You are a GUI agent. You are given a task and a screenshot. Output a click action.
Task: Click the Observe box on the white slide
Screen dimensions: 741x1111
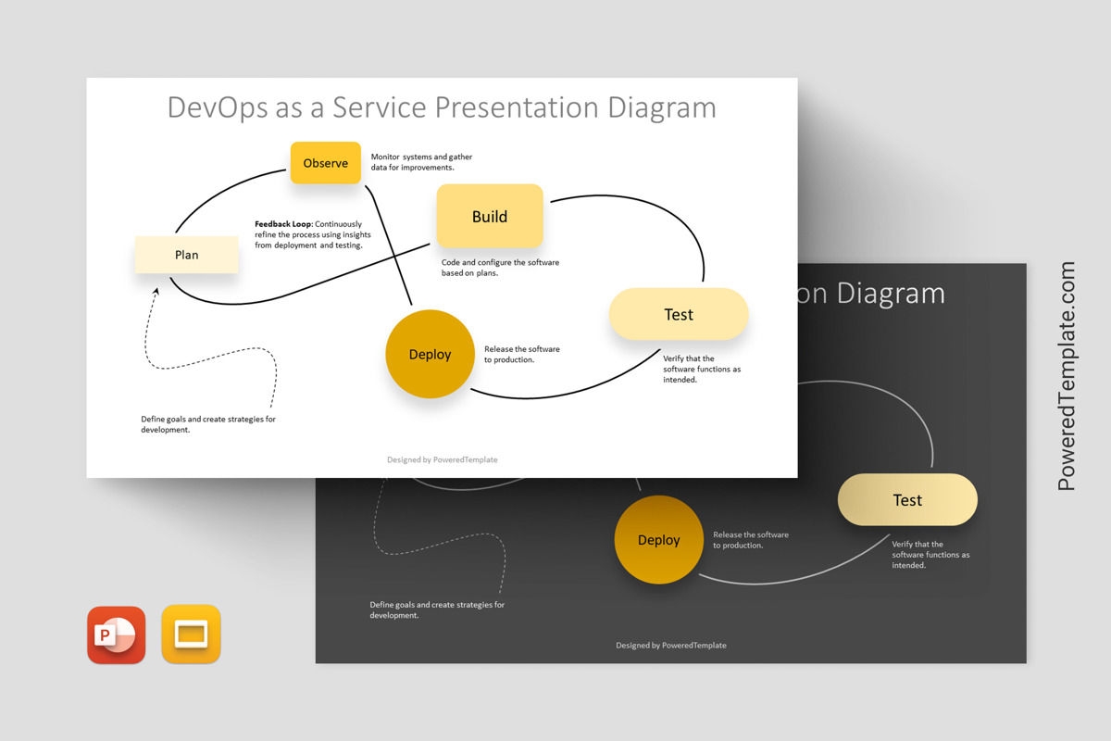326,163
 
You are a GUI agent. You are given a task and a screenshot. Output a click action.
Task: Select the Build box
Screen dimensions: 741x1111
490,217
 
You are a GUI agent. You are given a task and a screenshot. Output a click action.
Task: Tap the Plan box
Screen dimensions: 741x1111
187,255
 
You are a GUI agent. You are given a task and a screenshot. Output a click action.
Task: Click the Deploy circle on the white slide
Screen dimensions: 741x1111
430,355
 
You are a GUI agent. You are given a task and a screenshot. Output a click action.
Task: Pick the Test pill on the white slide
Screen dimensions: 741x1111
679,314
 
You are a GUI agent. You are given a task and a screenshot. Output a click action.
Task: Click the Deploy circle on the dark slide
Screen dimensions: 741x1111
659,540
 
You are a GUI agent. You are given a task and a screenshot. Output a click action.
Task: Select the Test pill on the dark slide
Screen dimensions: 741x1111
907,500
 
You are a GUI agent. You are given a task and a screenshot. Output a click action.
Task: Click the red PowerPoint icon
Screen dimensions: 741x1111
117,634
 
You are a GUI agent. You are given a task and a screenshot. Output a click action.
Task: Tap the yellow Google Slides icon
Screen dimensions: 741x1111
192,634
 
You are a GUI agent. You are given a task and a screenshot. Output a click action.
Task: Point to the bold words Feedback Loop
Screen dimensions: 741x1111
283,224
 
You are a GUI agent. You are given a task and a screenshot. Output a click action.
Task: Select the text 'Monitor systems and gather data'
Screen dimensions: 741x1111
421,162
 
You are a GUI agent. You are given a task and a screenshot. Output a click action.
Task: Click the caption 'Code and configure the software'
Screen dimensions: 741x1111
500,268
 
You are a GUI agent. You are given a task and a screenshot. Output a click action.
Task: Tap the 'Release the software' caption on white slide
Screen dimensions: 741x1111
522,354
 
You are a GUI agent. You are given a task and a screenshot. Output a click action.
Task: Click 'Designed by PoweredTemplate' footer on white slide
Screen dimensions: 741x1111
442,459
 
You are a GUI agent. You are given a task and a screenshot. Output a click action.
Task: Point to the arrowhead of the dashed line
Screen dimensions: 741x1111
156,291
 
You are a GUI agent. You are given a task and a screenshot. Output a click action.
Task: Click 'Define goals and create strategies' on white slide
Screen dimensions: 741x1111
208,424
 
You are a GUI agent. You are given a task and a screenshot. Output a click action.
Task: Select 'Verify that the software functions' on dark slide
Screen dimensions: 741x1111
930,554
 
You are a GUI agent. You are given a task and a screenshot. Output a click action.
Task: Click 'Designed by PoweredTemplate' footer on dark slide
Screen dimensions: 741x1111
671,646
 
